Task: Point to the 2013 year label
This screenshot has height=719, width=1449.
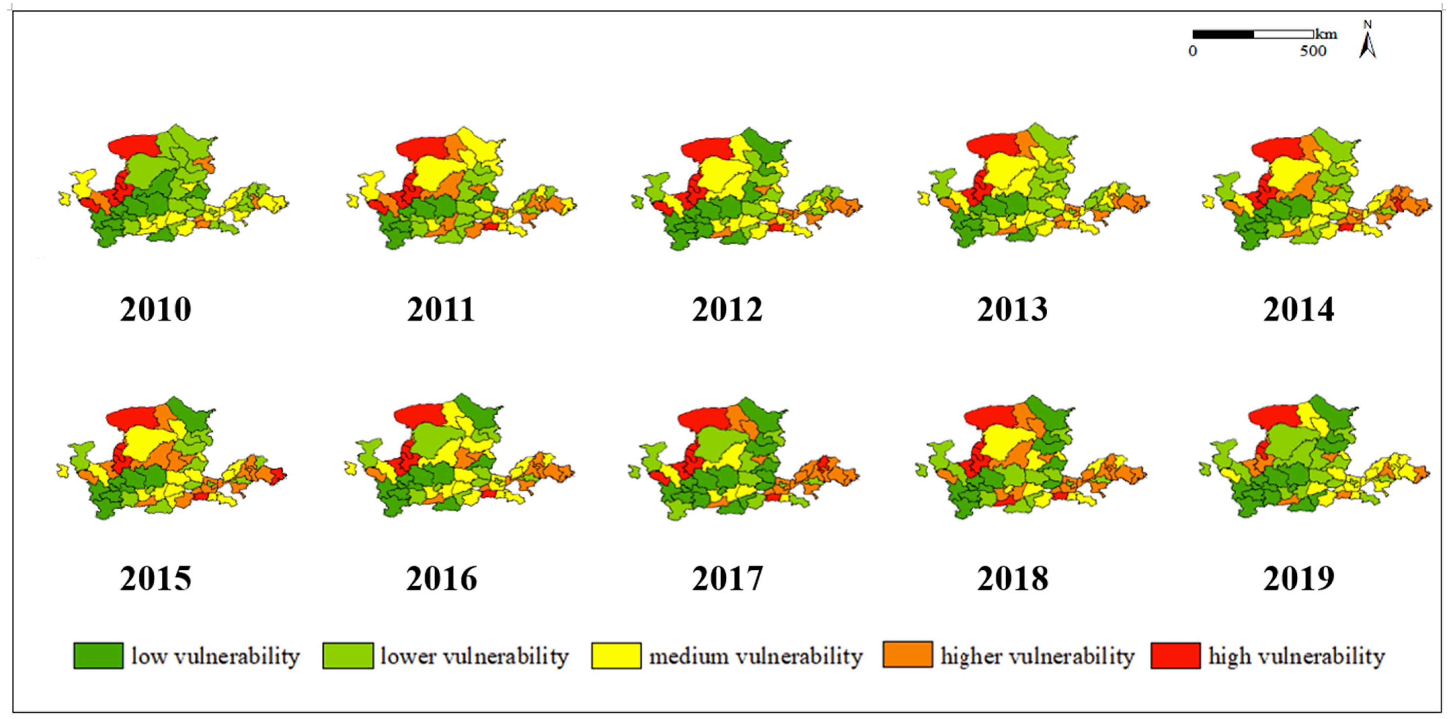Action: [1012, 310]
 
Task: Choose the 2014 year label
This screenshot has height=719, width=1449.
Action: [1298, 310]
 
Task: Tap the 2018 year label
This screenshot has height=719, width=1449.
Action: [1012, 579]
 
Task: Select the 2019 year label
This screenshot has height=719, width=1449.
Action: [1298, 579]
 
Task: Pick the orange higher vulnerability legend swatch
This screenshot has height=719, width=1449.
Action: [907, 655]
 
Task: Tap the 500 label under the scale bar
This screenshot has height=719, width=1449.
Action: [1313, 51]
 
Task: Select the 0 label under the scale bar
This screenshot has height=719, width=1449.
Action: [1193, 51]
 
